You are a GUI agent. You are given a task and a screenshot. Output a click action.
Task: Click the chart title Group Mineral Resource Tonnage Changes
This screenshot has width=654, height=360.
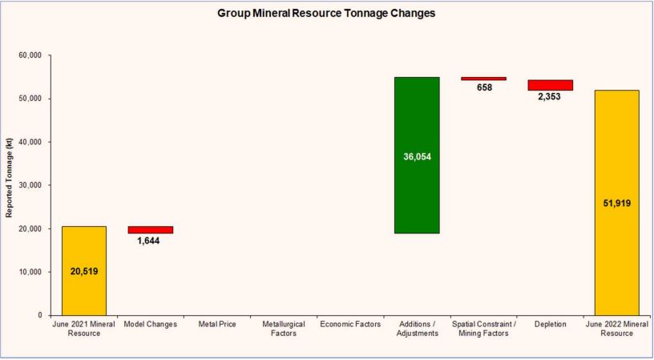pyautogui.click(x=326, y=14)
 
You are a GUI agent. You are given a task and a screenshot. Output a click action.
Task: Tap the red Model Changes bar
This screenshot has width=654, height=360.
pyautogui.click(x=150, y=229)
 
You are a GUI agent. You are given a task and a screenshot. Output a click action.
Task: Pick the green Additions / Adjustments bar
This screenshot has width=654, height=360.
pyautogui.click(x=417, y=155)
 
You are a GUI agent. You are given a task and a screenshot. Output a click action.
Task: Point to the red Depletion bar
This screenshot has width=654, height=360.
pyautogui.click(x=550, y=85)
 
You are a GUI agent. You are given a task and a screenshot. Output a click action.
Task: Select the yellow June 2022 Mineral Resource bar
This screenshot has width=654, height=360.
pyautogui.click(x=616, y=202)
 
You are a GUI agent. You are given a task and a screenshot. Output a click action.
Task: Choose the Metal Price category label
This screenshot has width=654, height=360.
pyautogui.click(x=216, y=324)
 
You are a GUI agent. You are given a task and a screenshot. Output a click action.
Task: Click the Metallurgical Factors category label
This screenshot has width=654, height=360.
pyautogui.click(x=283, y=328)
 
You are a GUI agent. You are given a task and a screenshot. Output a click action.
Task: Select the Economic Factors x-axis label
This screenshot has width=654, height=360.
pyautogui.click(x=350, y=324)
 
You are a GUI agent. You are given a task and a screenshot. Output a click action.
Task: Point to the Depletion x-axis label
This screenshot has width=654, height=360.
pyautogui.click(x=550, y=324)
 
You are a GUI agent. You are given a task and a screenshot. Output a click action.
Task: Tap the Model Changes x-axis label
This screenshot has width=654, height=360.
pyautogui.click(x=150, y=324)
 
